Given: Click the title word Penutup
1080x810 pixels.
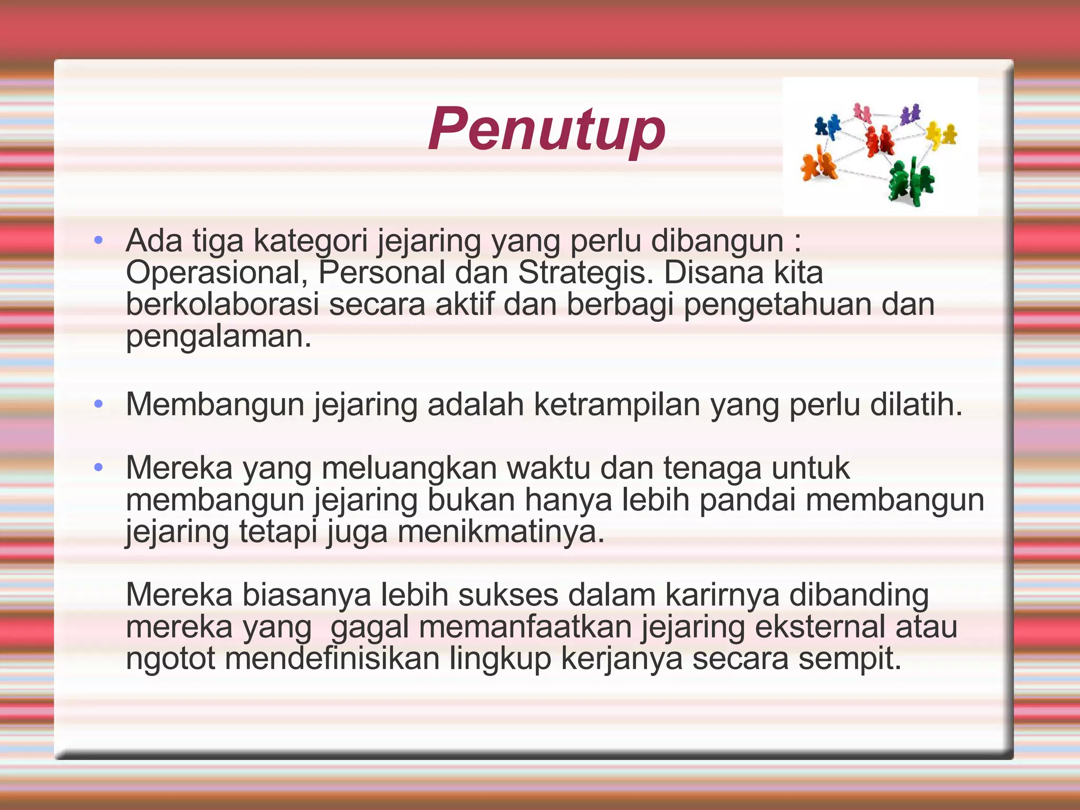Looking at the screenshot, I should pyautogui.click(x=546, y=130).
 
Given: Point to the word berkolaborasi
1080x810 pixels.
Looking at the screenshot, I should pyautogui.click(x=222, y=305).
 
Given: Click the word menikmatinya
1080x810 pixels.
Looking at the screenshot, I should pyautogui.click(x=500, y=532).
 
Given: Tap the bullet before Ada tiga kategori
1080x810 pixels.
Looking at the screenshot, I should pyautogui.click(x=98, y=241).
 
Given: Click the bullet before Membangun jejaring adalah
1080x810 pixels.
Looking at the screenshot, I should pyautogui.click(x=98, y=404).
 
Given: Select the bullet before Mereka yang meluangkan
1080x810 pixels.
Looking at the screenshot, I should pyautogui.click(x=98, y=468).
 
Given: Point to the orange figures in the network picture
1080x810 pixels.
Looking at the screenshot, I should pyautogui.click(x=818, y=165).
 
